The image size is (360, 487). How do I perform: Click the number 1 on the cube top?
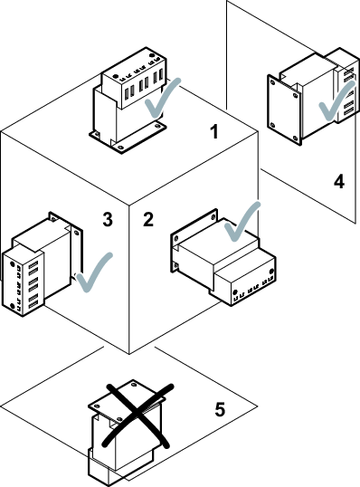[x=214, y=131]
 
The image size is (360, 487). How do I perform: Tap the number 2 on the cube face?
[x=148, y=219]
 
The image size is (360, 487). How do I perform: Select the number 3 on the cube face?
[x=108, y=220]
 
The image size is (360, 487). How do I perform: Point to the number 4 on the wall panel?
[x=339, y=181]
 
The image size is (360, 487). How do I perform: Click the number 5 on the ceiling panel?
[x=220, y=409]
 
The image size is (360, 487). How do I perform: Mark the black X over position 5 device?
[x=138, y=415]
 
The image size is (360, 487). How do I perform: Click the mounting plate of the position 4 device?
[x=284, y=110]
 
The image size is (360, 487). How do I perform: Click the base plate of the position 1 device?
[x=128, y=137]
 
